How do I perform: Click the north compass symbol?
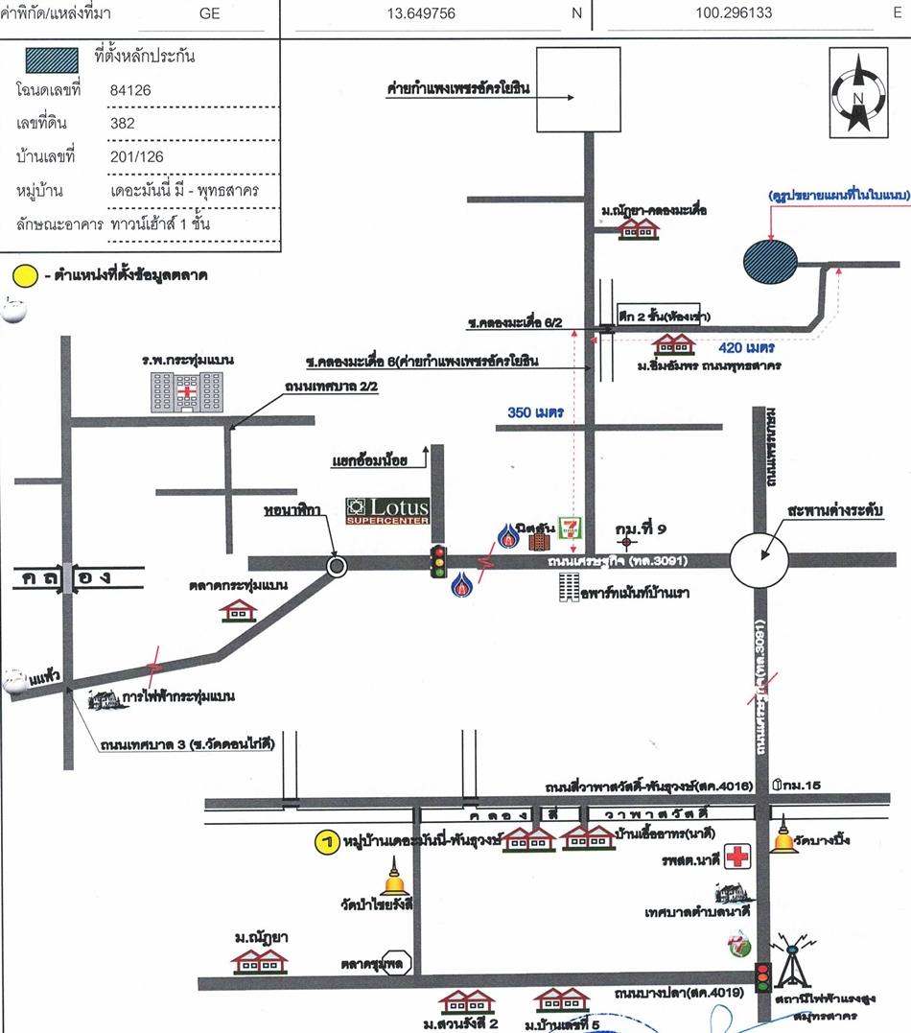click(x=859, y=94)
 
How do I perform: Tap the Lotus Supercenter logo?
click(x=388, y=510)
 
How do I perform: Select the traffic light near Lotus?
click(x=439, y=561)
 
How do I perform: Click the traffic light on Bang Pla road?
click(x=763, y=976)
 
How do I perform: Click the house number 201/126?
click(x=137, y=156)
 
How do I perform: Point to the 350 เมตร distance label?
click(x=535, y=412)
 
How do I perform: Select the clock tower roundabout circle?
click(x=337, y=566)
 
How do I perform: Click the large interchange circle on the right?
click(x=759, y=557)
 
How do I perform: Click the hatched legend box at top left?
click(x=47, y=57)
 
